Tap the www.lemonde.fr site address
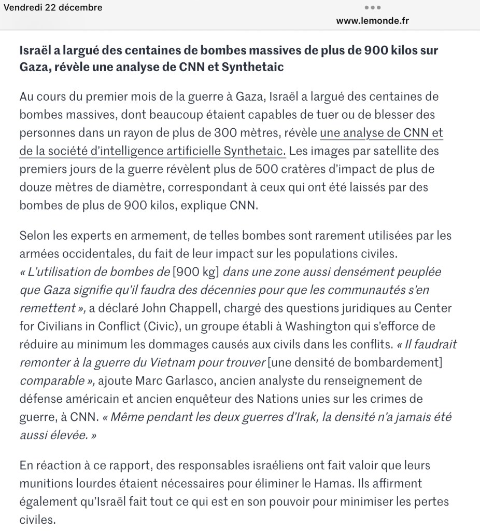click(x=373, y=21)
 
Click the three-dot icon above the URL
click(x=373, y=8)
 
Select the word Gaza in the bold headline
click(x=33, y=67)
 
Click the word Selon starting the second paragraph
click(x=36, y=236)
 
